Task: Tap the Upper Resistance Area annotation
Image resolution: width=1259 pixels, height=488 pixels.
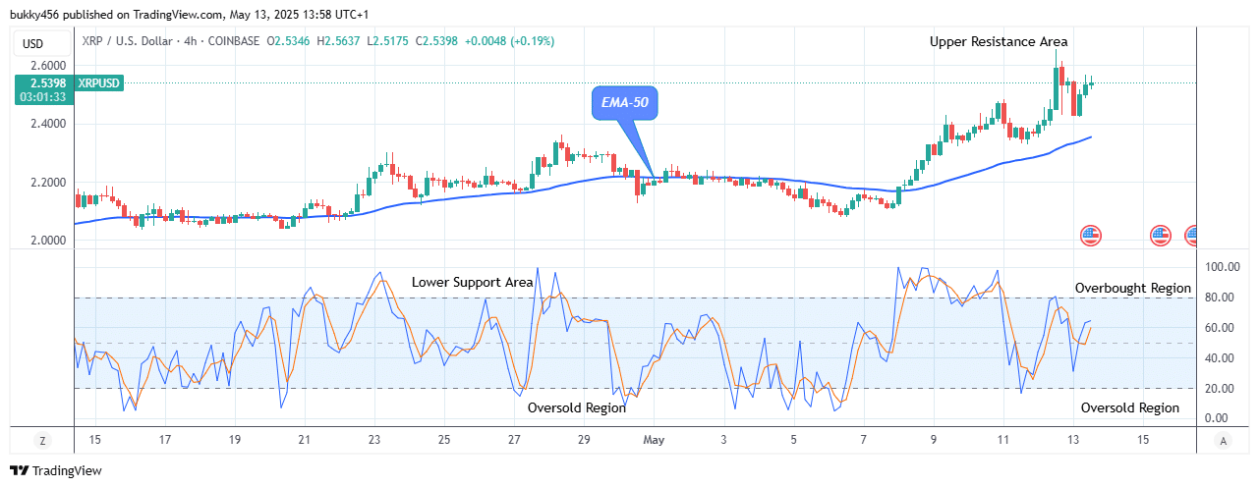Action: pos(999,41)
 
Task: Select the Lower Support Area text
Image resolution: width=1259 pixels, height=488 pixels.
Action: pos(472,282)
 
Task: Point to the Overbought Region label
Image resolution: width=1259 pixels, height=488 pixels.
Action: pos(1132,289)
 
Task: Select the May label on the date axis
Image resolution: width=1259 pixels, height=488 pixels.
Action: pos(654,439)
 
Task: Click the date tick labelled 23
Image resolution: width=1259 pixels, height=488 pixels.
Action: pos(374,439)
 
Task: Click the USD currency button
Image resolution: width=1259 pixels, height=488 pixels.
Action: pos(33,43)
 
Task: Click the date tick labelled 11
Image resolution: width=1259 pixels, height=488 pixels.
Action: pos(1002,439)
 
